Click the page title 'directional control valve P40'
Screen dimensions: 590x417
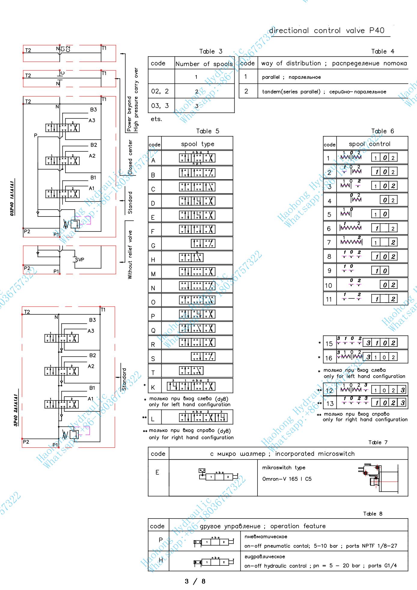[327, 31]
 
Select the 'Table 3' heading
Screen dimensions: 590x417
[211, 51]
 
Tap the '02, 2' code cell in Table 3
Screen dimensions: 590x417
[160, 91]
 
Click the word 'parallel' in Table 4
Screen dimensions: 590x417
[271, 77]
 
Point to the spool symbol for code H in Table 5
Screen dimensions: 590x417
[191, 258]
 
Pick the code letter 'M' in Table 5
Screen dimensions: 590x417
[153, 274]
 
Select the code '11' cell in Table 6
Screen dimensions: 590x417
[329, 299]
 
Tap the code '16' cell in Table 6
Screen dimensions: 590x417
[329, 358]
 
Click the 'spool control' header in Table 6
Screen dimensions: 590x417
[369, 144]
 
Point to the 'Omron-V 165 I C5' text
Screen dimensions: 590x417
[287, 479]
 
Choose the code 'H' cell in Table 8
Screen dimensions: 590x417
[161, 560]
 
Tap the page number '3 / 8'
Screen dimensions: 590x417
[195, 581]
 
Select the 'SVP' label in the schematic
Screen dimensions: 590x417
[80, 259]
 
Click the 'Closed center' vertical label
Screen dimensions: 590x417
[130, 157]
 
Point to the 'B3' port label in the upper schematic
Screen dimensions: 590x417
[93, 110]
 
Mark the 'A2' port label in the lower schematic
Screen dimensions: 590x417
[91, 366]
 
